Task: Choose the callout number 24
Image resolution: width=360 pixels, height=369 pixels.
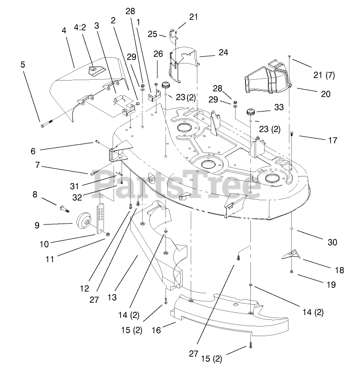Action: (x=223, y=53)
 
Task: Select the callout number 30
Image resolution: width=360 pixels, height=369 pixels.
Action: (x=332, y=242)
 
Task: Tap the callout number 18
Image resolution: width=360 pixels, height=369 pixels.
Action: (x=339, y=270)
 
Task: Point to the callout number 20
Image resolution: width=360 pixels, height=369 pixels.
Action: (x=325, y=94)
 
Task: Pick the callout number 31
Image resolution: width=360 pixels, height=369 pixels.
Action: (x=87, y=186)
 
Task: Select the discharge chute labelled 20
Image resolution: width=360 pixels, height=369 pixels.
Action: (x=269, y=79)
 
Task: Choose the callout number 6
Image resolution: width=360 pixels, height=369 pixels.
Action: (x=33, y=151)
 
